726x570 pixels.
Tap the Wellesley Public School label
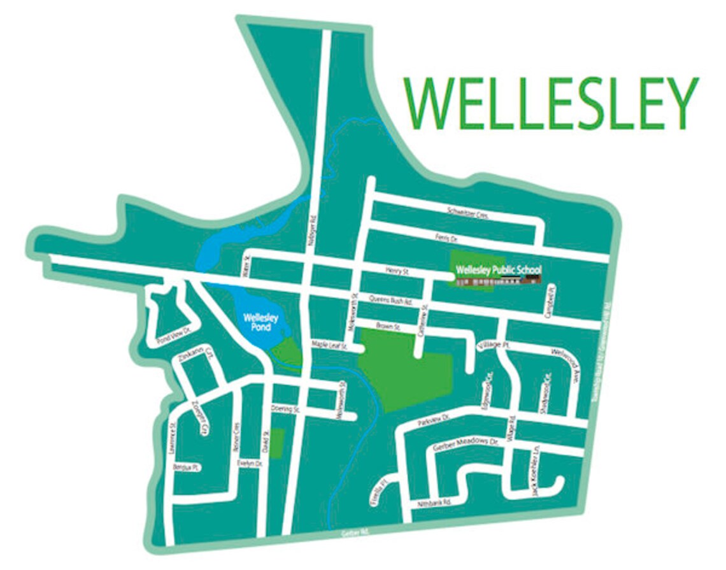pos(499,270)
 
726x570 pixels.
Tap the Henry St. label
pos(396,271)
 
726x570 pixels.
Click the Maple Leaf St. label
pos(329,346)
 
